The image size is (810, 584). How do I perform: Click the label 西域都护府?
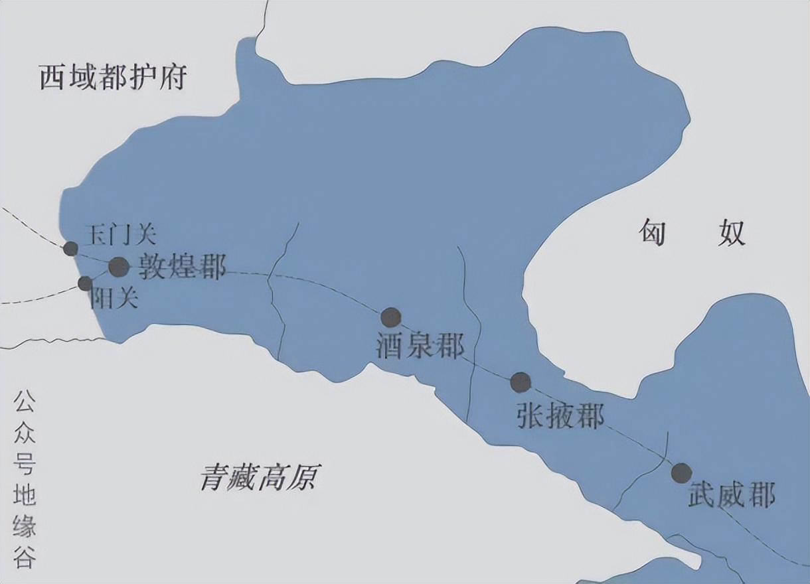tap(112, 78)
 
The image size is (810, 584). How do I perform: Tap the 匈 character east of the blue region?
tap(653, 233)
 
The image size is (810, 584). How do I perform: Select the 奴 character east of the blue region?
tap(731, 233)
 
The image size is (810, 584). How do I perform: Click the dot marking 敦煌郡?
tap(118, 267)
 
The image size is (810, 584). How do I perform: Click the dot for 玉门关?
tap(70, 249)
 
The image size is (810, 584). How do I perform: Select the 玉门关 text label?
tap(121, 234)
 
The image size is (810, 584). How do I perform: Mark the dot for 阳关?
tap(85, 283)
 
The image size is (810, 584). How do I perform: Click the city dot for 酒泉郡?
tap(390, 317)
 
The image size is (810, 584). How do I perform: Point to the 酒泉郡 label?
tap(420, 346)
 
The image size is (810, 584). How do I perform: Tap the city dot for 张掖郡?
tap(521, 382)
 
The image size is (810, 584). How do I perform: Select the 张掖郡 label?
tap(560, 417)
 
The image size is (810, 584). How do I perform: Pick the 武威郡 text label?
tap(732, 495)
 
